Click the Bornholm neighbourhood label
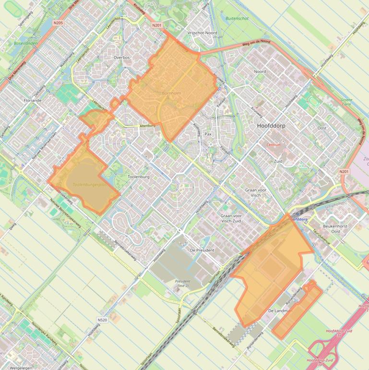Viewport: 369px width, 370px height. [x=171, y=93]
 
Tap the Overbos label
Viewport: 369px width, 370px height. [x=122, y=58]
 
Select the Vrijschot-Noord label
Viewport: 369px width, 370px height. [x=202, y=33]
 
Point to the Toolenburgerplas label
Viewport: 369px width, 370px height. [x=89, y=185]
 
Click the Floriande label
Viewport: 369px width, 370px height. [x=33, y=100]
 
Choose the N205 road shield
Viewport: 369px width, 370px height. [x=58, y=23]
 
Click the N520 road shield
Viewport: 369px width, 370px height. [x=102, y=320]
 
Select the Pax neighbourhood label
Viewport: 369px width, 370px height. [x=208, y=134]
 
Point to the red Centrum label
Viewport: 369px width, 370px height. [x=273, y=145]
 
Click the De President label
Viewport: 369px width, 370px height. [x=202, y=250]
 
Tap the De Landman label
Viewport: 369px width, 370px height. [x=280, y=311]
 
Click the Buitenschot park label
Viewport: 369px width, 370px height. [x=237, y=18]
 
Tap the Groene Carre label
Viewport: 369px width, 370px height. [x=346, y=102]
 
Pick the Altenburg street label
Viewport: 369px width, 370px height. [x=147, y=125]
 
